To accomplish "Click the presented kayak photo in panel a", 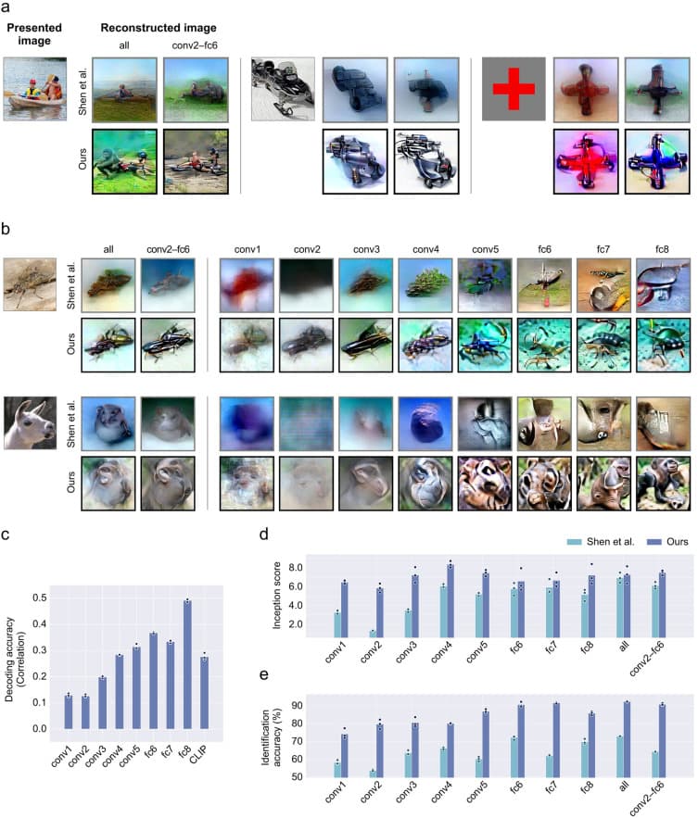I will click(x=32, y=89).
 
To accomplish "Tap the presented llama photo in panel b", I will click(x=32, y=421).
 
